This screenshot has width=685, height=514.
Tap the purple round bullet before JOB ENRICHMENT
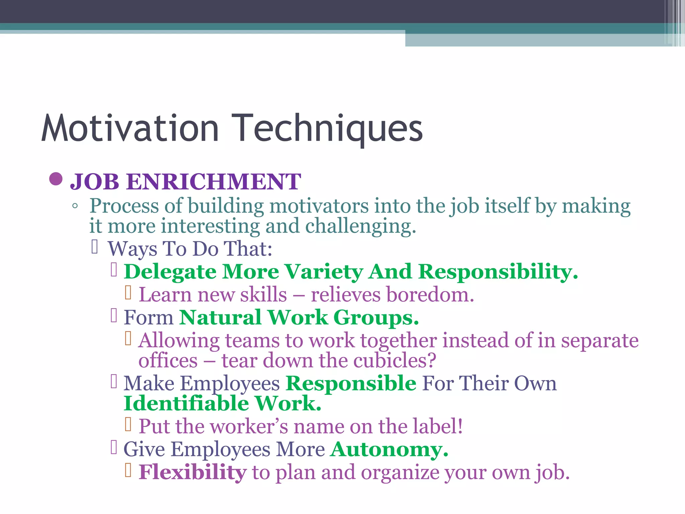click(56, 179)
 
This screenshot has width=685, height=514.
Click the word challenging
click(360, 226)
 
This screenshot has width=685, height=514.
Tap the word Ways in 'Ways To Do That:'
click(132, 249)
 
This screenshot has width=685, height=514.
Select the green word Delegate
click(170, 272)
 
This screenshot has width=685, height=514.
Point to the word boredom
click(430, 295)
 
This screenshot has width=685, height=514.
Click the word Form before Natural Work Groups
click(149, 318)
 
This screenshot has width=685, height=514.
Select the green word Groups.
click(376, 318)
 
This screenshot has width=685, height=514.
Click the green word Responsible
click(351, 383)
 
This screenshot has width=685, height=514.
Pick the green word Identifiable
click(186, 404)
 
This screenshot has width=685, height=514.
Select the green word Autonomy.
click(389, 449)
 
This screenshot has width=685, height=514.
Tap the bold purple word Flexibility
click(192, 472)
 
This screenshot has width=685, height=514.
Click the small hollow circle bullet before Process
click(75, 206)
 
